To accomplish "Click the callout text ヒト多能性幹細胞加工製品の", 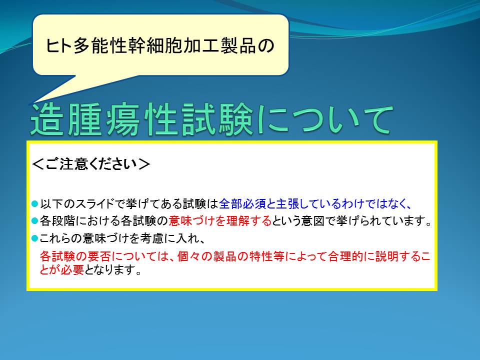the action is coord(160,46).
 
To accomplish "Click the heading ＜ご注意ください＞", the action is coord(91,164).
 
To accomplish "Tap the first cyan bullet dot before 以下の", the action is coord(34,203).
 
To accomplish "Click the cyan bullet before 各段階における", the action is coord(34,220).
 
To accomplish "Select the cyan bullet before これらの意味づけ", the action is coord(34,238).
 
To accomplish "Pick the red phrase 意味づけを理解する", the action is coord(220,220).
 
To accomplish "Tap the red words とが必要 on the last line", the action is coord(62,269).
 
